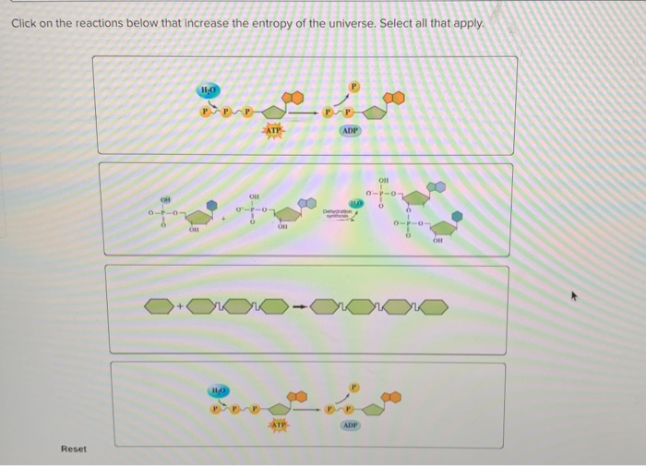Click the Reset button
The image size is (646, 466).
(x=74, y=449)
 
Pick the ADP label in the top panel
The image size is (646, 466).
(x=350, y=132)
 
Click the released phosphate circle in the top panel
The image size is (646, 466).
(x=351, y=90)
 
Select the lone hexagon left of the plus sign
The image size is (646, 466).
(x=160, y=305)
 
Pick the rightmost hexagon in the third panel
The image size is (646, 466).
(x=435, y=305)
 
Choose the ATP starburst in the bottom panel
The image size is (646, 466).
(x=277, y=424)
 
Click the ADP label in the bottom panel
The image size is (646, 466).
(x=351, y=425)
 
